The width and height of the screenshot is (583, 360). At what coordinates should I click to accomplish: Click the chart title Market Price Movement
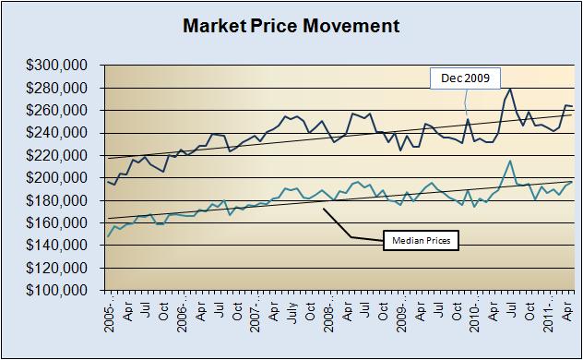tap(291, 25)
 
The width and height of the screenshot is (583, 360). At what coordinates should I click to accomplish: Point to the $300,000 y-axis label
tap(60, 66)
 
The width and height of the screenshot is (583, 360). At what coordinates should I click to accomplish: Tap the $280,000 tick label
tap(60, 88)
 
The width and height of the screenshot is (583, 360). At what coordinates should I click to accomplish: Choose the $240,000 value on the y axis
tap(60, 133)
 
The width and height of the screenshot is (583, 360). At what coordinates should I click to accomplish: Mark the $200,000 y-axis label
tap(60, 177)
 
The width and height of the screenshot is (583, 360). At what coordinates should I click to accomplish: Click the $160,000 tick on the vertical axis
tap(60, 222)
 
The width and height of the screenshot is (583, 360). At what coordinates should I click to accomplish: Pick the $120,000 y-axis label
tap(60, 268)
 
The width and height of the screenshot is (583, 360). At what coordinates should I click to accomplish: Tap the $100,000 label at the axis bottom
tap(60, 290)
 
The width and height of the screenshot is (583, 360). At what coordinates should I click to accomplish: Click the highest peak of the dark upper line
tap(510, 89)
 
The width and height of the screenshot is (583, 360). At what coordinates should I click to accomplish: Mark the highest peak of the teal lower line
tap(510, 161)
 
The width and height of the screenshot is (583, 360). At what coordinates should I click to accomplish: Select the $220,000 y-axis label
tap(60, 155)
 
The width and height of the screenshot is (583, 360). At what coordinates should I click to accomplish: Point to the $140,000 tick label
tap(60, 245)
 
